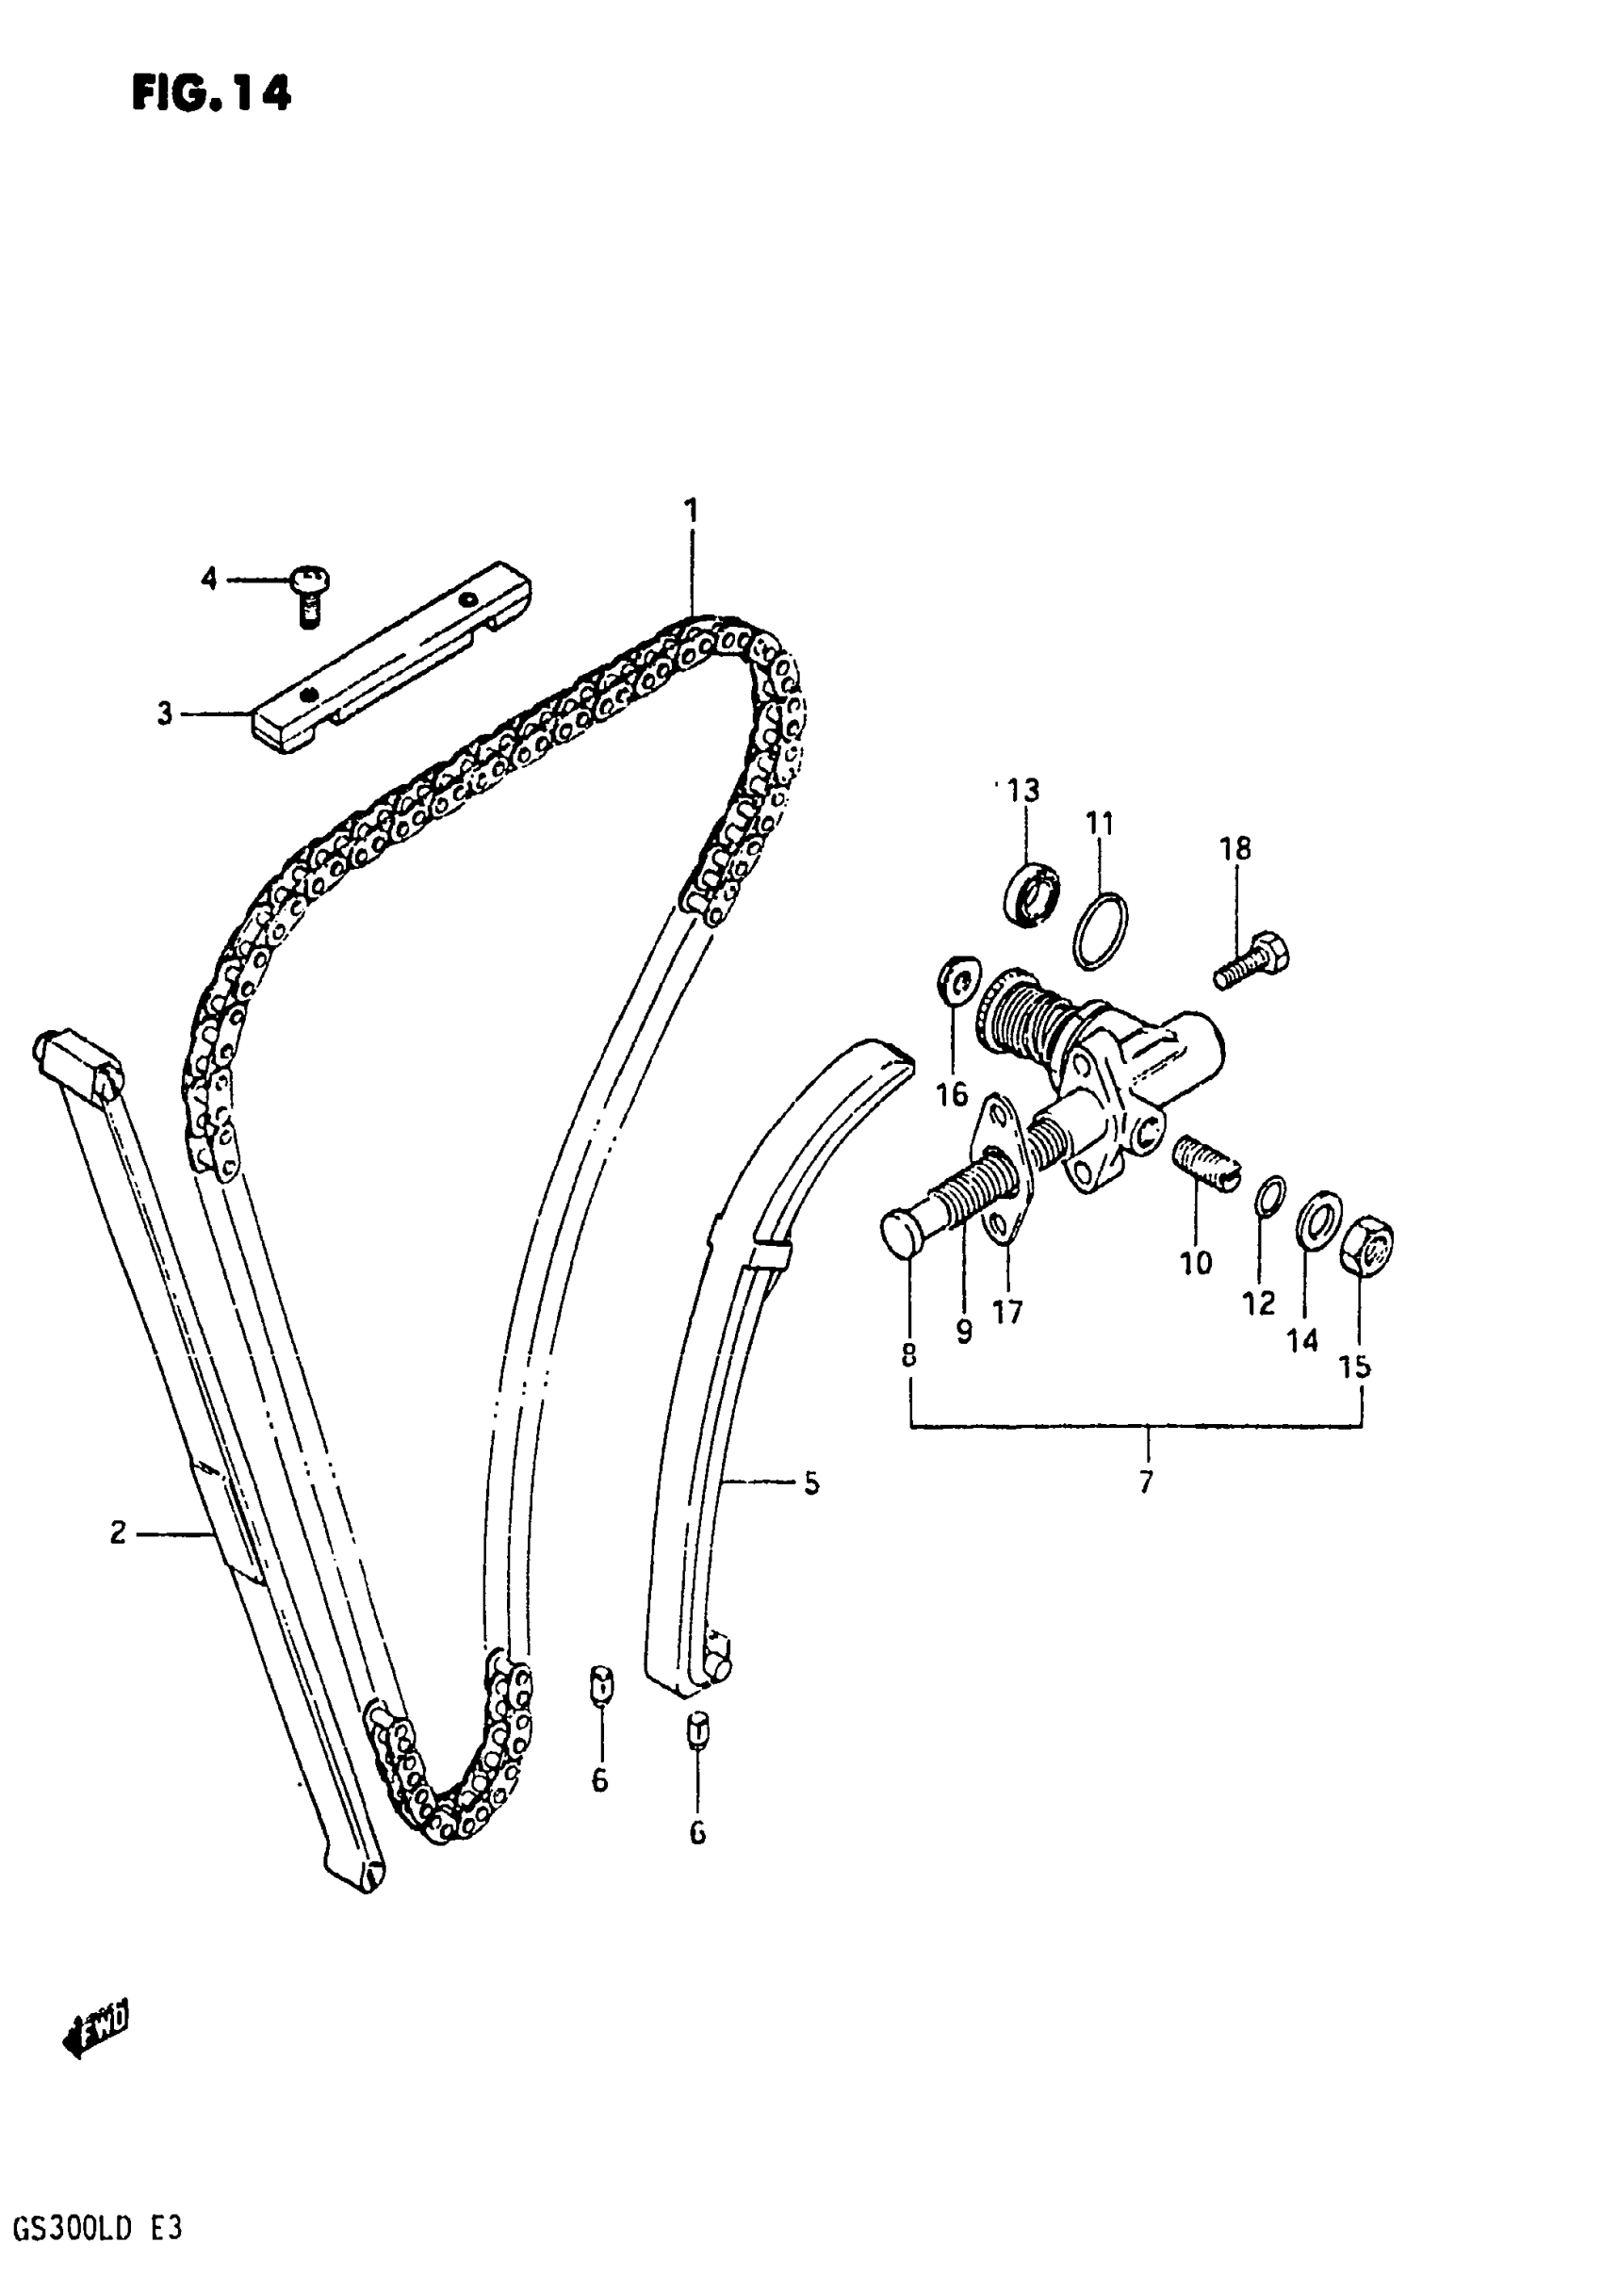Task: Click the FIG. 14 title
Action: [211, 94]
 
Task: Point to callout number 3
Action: [165, 713]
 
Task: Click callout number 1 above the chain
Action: [691, 512]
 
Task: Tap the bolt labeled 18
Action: [1253, 959]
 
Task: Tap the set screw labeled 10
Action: [1206, 1164]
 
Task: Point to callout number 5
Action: [811, 1484]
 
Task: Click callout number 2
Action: [118, 1533]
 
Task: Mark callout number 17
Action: [1007, 1313]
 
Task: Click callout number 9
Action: [964, 1332]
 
